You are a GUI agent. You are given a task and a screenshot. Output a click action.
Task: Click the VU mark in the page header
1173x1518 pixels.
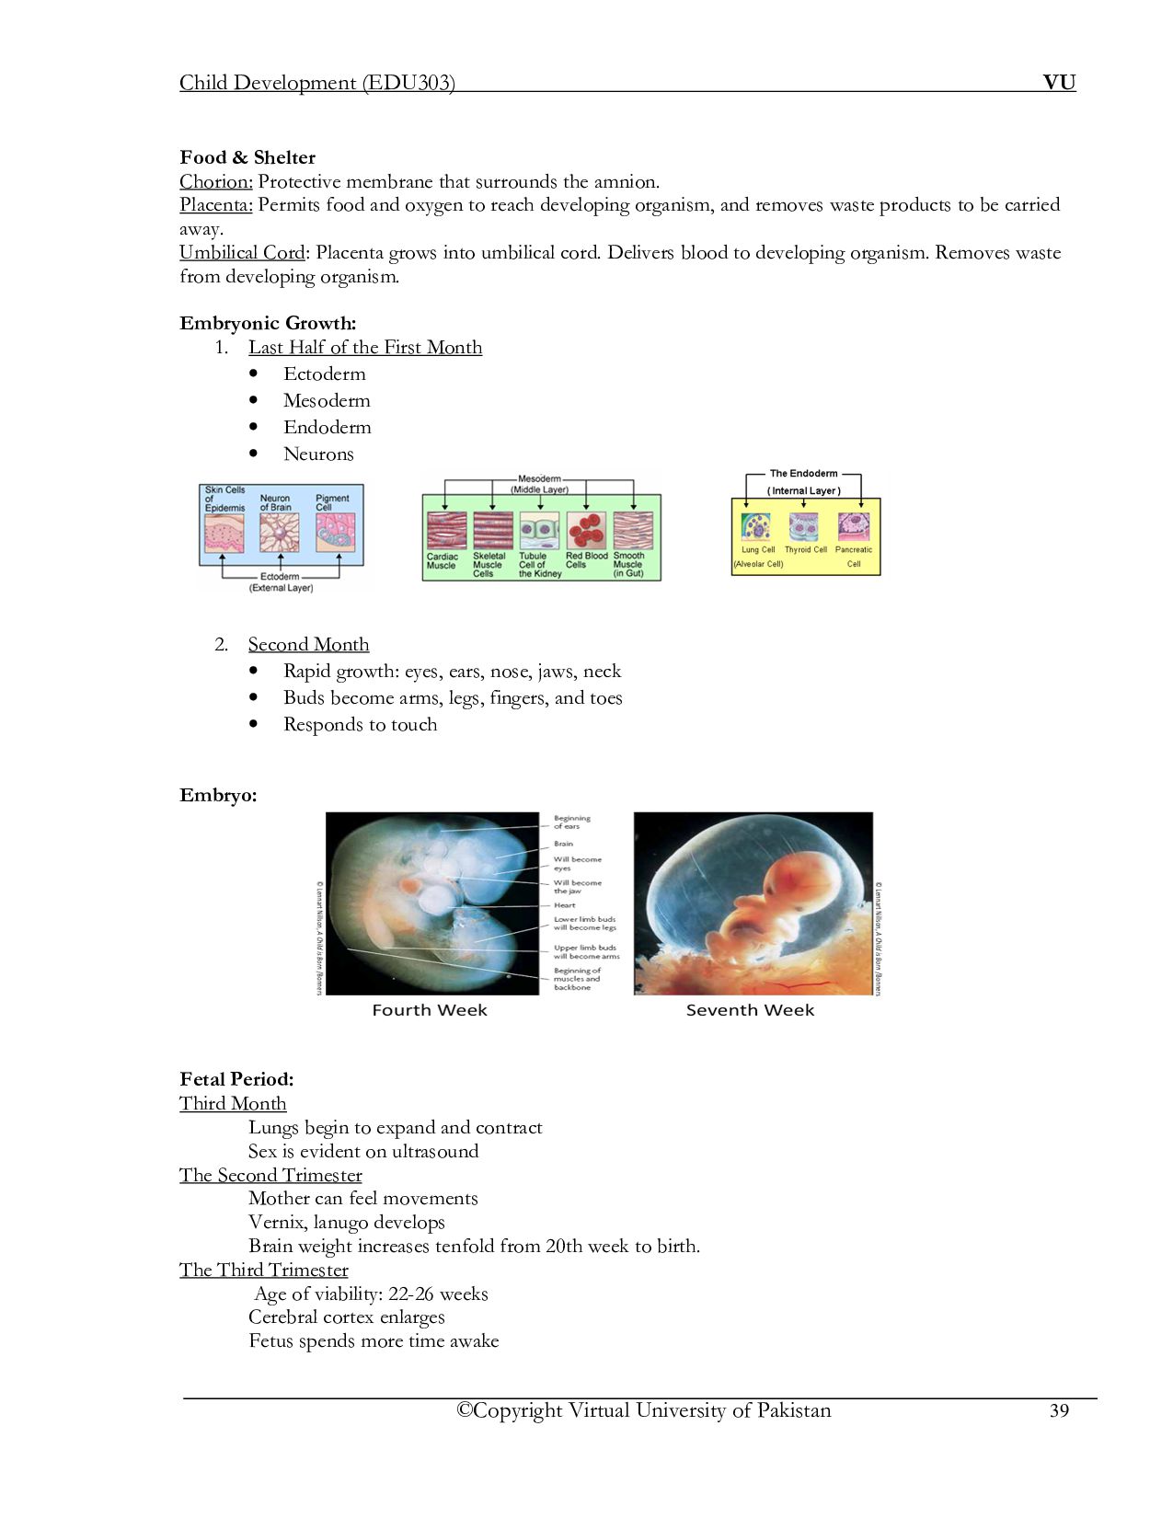1059,83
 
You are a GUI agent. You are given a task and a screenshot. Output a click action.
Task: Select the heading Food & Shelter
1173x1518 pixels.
247,157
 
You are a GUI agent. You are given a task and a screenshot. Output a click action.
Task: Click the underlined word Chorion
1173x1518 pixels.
215,181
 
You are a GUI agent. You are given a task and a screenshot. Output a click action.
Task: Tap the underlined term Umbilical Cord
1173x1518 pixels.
242,253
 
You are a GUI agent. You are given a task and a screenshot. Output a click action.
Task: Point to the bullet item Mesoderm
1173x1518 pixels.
327,401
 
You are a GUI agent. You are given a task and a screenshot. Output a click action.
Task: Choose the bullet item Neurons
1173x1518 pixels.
318,454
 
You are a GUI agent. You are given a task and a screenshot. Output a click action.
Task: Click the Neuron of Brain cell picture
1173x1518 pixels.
280,533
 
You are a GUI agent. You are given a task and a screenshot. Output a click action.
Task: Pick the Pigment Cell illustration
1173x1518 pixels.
334,533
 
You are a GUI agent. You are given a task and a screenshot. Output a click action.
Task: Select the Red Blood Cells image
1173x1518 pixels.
585,531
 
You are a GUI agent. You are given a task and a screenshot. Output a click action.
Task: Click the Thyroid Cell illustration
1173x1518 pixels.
804,527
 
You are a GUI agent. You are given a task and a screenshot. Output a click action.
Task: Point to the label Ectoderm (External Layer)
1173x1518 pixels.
281,582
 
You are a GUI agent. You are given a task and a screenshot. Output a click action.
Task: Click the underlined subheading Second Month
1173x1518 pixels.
308,645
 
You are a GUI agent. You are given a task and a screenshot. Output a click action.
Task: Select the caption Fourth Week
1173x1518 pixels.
430,1010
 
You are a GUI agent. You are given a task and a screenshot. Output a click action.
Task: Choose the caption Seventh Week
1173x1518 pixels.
750,1010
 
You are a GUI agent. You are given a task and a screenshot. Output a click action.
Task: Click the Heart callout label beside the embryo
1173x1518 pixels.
564,905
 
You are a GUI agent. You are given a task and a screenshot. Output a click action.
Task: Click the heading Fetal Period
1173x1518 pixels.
236,1079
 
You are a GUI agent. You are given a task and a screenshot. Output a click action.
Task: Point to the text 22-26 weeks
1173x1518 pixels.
438,1294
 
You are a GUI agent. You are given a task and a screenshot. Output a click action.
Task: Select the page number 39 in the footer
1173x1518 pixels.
1059,1411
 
